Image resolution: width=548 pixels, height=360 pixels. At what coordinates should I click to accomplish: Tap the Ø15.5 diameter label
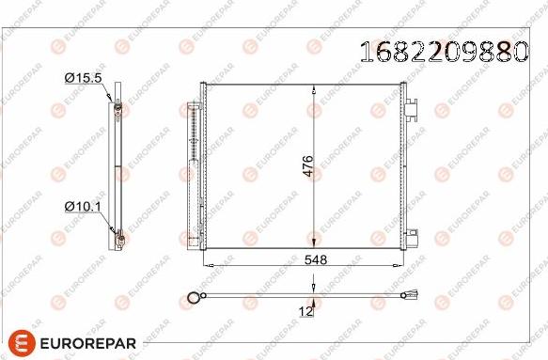point(83,78)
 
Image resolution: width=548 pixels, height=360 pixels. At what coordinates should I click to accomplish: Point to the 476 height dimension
point(306,165)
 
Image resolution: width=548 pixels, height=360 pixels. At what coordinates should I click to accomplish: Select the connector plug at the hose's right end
point(411,302)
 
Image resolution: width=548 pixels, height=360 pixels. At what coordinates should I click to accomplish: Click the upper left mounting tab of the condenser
point(200,91)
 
